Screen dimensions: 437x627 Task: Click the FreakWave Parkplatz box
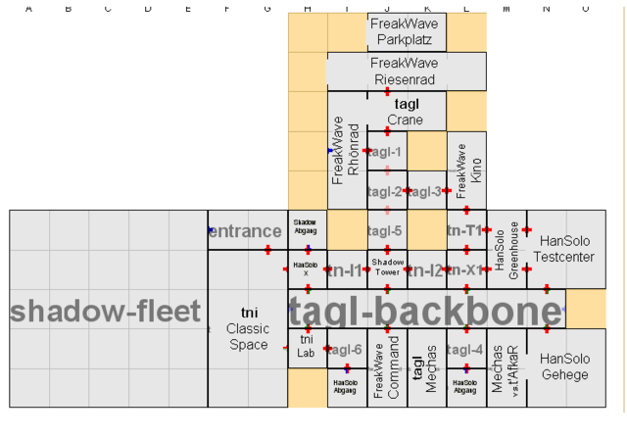[x=407, y=32]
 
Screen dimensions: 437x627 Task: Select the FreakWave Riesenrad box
[x=407, y=72]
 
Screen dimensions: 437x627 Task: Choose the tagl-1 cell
[x=386, y=151]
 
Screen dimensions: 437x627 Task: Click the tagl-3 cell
[x=426, y=191]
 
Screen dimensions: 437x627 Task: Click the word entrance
[x=245, y=231]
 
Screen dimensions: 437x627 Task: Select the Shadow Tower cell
[x=386, y=268]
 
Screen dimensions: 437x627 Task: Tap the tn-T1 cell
[x=466, y=230]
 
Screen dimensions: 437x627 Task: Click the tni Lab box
[x=306, y=346]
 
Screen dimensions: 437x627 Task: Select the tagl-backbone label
[x=426, y=310]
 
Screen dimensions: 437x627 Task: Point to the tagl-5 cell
[x=386, y=231]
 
